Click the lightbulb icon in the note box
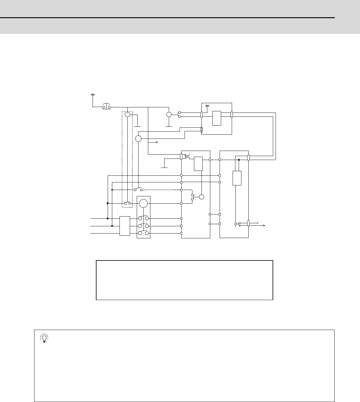[x=44, y=338]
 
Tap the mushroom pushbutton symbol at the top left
[x=106, y=106]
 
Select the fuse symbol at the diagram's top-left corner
[x=93, y=95]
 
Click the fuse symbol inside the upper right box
[x=207, y=106]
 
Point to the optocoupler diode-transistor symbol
[x=187, y=156]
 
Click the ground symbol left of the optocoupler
[x=164, y=166]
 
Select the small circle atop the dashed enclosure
[x=127, y=114]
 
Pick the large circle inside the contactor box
[x=143, y=203]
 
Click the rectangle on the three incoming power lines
[x=125, y=226]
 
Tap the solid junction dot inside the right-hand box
[x=239, y=160]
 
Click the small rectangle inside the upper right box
[x=217, y=118]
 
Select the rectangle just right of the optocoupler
[x=198, y=164]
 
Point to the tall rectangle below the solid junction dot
[x=237, y=178]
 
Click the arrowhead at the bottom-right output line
[x=264, y=225]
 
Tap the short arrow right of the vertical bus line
[x=156, y=142]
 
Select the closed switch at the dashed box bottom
[x=127, y=203]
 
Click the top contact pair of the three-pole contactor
[x=143, y=218]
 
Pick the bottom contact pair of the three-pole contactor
[x=143, y=233]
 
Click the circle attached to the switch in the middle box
[x=201, y=197]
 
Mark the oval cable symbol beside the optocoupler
[x=181, y=156]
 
